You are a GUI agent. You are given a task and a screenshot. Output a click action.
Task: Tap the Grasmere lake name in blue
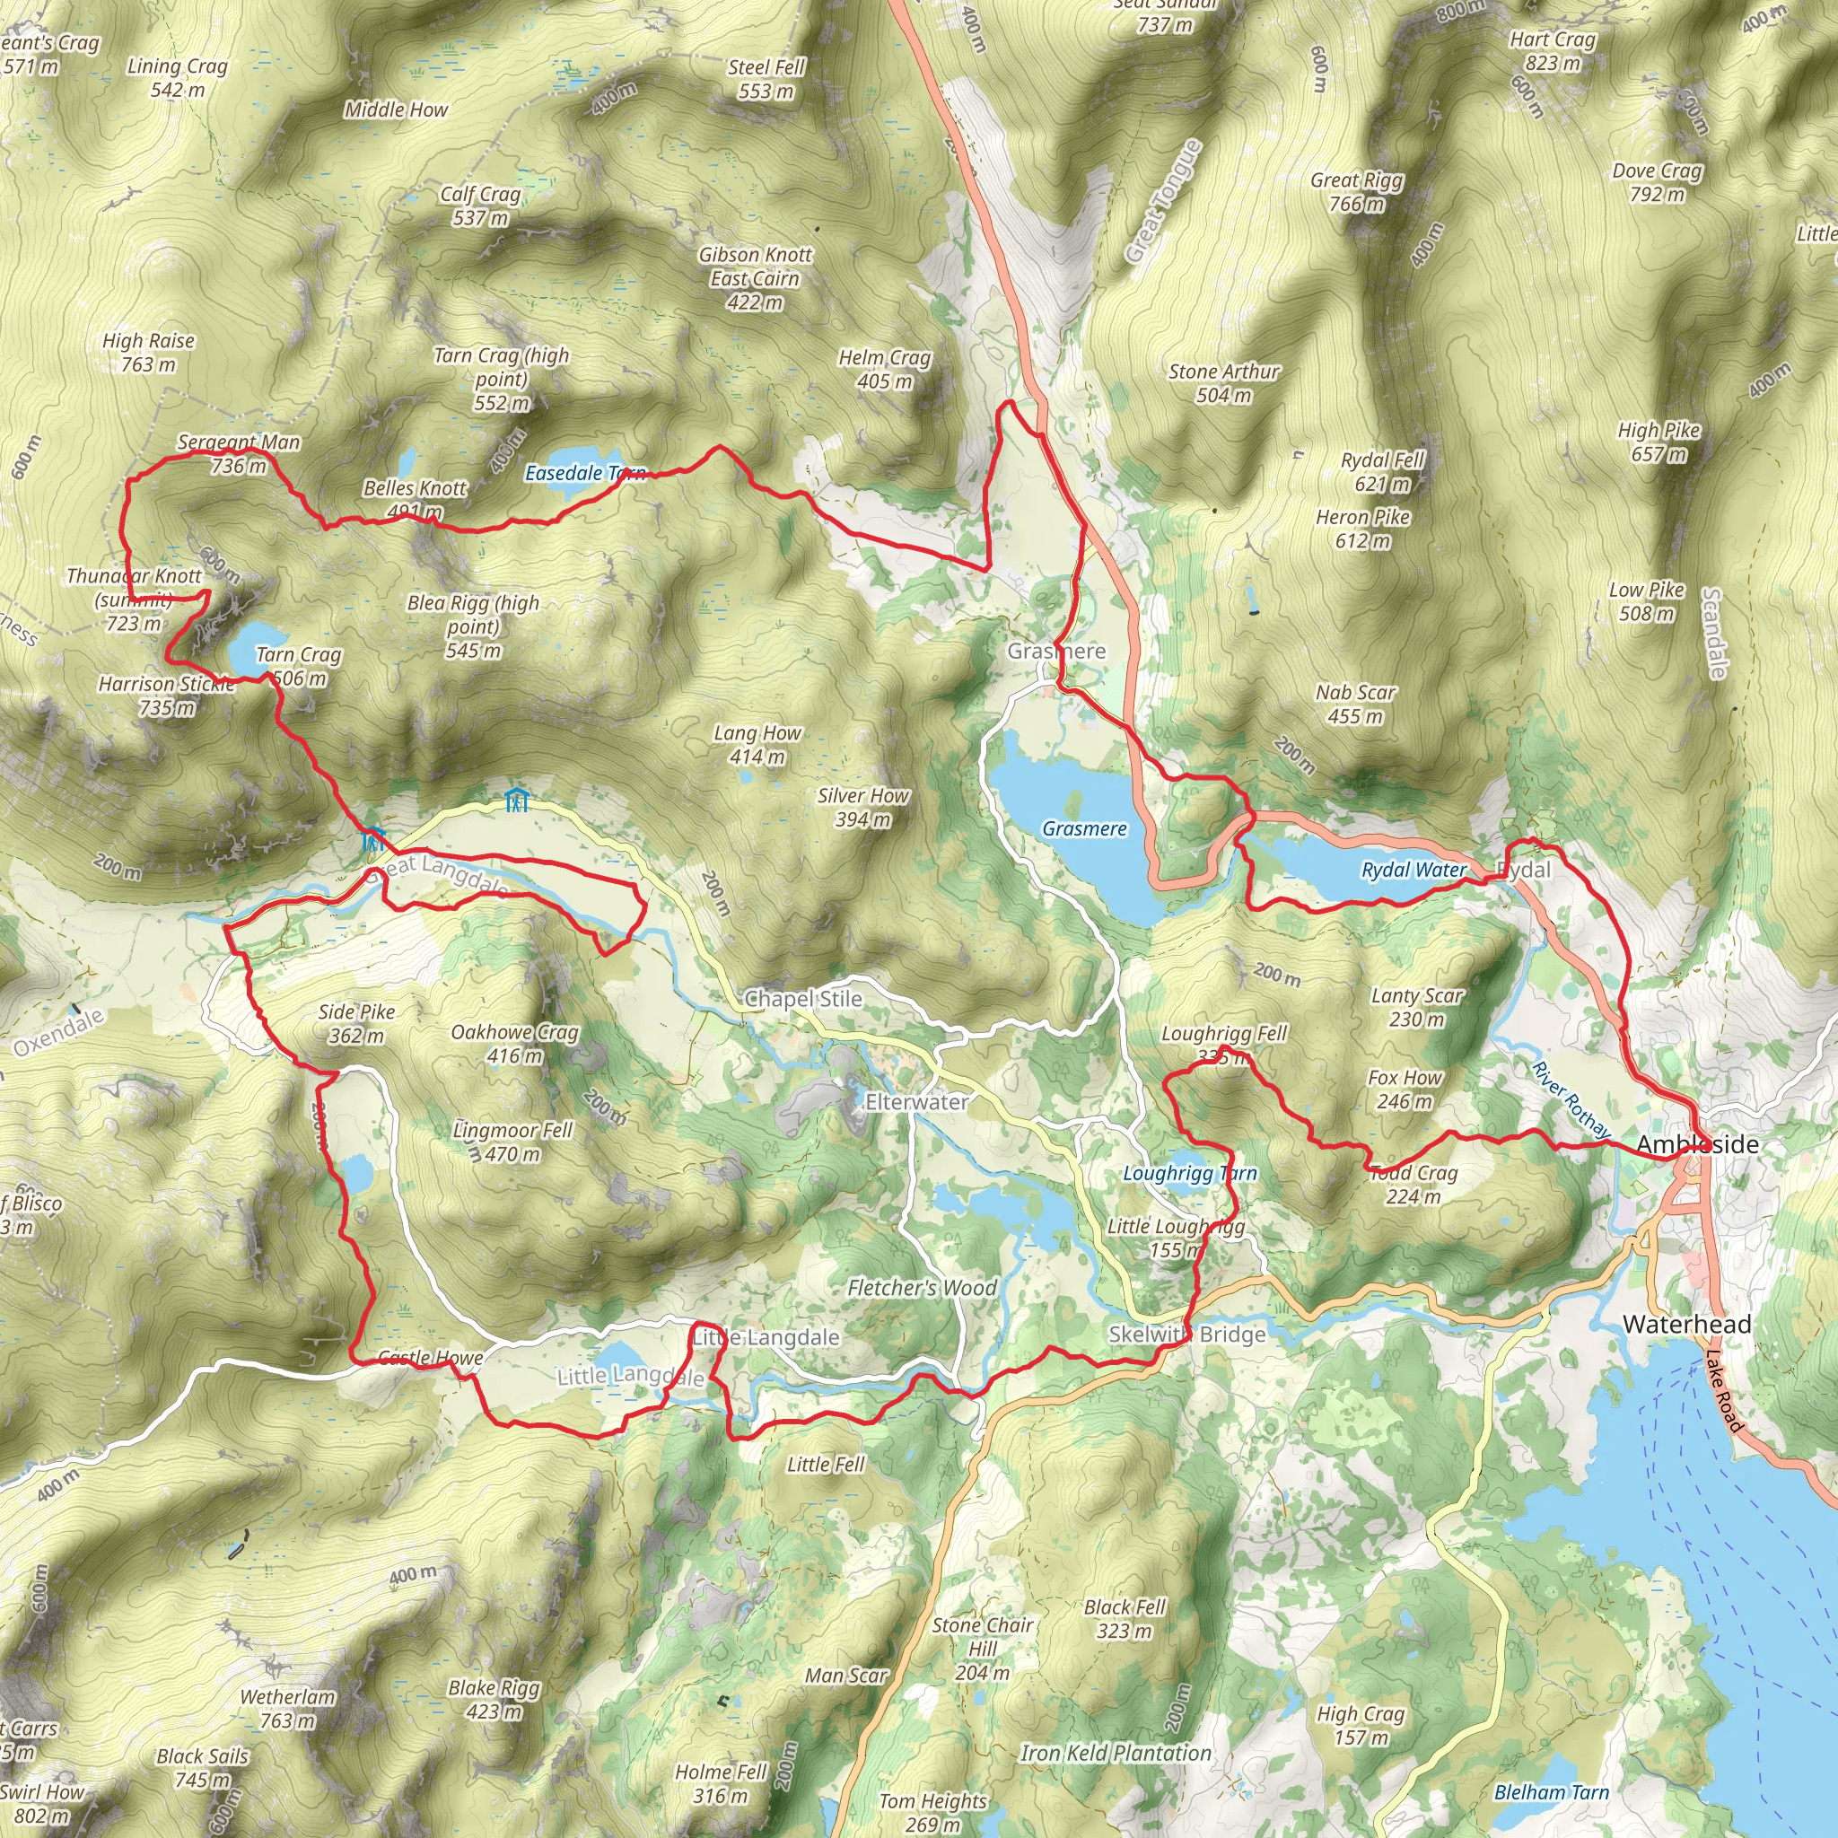(1083, 828)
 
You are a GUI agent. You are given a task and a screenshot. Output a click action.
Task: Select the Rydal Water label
(1414, 870)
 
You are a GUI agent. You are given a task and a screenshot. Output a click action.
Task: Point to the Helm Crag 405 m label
(884, 369)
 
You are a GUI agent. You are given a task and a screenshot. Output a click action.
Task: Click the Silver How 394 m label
(862, 807)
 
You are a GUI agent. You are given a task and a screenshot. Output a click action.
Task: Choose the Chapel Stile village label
(803, 999)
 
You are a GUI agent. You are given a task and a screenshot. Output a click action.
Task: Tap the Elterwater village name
(916, 1102)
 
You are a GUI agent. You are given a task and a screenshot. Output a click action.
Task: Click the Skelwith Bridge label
(1186, 1334)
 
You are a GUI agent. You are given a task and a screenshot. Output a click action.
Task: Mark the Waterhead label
(1685, 1324)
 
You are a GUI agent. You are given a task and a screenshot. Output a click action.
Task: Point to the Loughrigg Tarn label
(1189, 1173)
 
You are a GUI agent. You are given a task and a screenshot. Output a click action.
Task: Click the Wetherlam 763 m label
(287, 1709)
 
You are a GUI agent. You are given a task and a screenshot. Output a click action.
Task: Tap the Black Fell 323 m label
(1125, 1618)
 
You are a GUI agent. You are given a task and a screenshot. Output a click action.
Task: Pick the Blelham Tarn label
(1551, 1792)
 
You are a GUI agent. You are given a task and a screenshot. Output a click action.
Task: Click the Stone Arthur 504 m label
(1223, 382)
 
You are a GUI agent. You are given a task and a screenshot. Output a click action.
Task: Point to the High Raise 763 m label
(148, 352)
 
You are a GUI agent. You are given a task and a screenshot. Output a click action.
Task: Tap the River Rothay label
(1571, 1099)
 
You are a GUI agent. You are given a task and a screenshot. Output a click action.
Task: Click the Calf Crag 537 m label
(479, 206)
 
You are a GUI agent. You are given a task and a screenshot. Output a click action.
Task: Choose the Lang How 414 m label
(757, 745)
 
